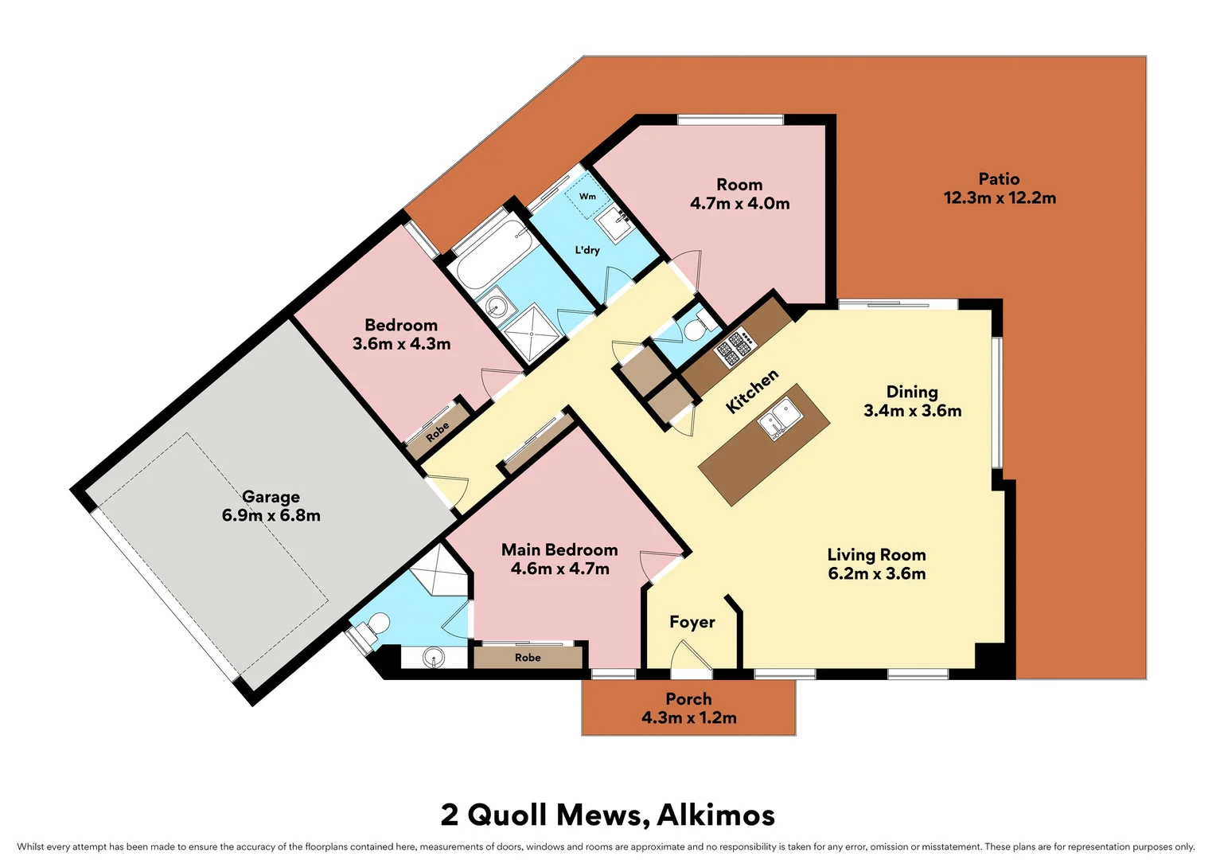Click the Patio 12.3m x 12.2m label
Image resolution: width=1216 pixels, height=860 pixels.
1000,189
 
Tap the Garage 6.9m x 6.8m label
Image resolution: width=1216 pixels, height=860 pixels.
271,506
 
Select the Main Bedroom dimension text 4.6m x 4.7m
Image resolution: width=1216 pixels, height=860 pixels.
559,569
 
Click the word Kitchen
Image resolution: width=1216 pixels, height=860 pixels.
752,391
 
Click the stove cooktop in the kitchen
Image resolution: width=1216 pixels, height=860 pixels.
735,346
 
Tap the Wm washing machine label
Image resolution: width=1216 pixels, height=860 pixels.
587,197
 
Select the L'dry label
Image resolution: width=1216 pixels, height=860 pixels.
587,250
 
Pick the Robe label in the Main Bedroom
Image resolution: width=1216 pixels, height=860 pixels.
528,658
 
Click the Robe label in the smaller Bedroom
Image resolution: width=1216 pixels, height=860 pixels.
437,432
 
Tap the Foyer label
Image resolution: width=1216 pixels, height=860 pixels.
692,622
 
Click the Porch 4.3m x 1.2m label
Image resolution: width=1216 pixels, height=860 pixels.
688,709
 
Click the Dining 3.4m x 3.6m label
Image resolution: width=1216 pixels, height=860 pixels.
912,401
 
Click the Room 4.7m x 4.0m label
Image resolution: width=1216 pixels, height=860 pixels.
739,194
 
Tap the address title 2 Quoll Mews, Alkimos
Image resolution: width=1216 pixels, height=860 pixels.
608,815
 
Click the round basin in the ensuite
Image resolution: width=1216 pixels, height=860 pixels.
434,658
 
